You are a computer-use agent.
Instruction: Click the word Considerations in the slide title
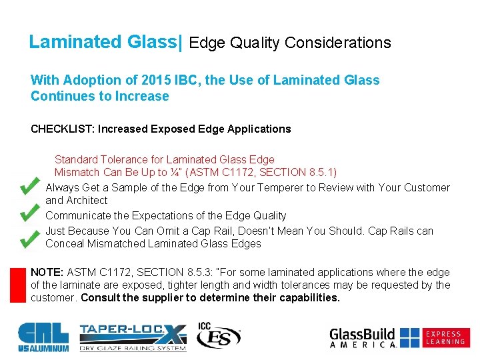pyautogui.click(x=337, y=43)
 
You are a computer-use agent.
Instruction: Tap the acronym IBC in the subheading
pyautogui.click(x=189, y=81)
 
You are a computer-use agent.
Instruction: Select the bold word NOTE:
pyautogui.click(x=47, y=273)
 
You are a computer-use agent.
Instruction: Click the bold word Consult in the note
pyautogui.click(x=102, y=298)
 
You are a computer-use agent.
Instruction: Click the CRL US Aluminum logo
pyautogui.click(x=43, y=337)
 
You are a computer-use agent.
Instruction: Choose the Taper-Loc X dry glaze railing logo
pyautogui.click(x=133, y=337)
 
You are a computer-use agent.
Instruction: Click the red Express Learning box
pyautogui.click(x=445, y=338)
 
